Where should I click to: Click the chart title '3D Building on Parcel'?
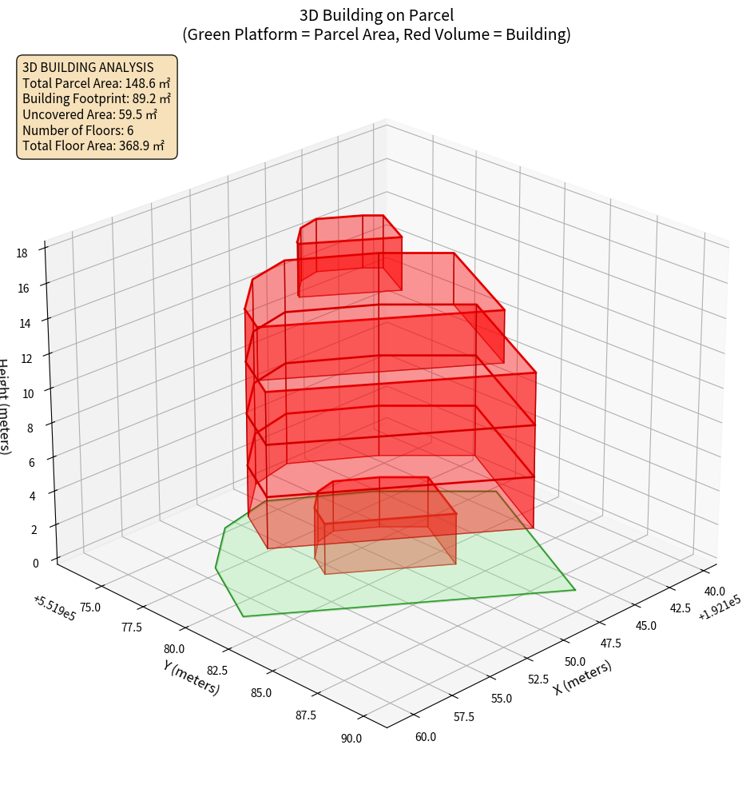click(376, 14)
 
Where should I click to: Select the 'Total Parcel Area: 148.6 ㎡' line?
click(96, 83)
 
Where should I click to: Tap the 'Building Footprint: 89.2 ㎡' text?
click(96, 98)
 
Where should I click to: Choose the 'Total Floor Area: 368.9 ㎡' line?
click(93, 145)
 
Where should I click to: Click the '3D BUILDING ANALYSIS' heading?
click(88, 67)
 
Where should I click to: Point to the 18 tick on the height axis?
click(22, 253)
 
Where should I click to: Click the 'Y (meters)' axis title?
click(192, 677)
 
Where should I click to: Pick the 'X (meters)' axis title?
click(583, 677)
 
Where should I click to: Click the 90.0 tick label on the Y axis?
click(350, 738)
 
